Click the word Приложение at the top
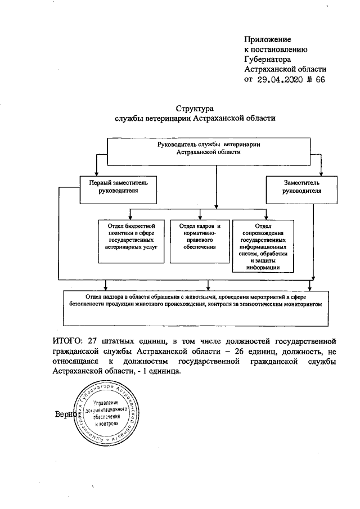[x=267, y=39]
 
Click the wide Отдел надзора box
[x=195, y=307]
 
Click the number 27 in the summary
[x=101, y=341]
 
